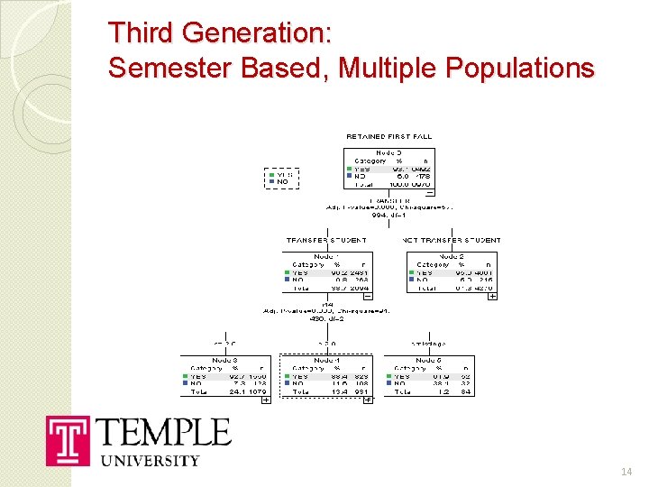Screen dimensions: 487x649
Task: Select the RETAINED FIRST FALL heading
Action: click(x=388, y=136)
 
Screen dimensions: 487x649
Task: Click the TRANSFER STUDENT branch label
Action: click(x=325, y=241)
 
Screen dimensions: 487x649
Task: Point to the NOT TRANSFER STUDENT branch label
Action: click(x=451, y=241)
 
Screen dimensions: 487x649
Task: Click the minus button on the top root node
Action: click(x=429, y=191)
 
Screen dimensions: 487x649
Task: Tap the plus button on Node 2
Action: click(x=492, y=296)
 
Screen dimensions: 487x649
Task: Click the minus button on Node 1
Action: click(x=368, y=296)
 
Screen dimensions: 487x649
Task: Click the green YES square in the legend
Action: click(x=270, y=174)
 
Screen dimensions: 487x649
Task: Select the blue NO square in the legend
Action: click(x=270, y=181)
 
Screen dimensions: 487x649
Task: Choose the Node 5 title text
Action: click(x=429, y=360)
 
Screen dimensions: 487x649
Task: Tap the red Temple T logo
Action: click(x=69, y=441)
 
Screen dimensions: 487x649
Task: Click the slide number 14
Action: click(x=627, y=472)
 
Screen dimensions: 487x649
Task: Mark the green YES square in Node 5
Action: click(x=389, y=375)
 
